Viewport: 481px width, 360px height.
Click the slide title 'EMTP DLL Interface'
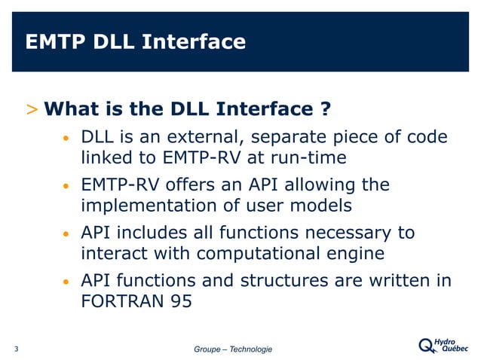coord(136,41)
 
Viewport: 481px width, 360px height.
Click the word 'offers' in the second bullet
coord(194,185)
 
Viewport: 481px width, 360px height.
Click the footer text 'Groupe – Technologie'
coord(233,349)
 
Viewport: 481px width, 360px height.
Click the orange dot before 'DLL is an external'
coord(66,140)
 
